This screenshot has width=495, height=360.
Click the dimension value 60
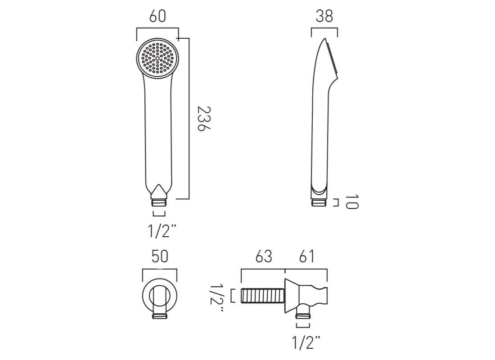[x=157, y=16]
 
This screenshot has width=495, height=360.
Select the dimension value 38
[x=324, y=16]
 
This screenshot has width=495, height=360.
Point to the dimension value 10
[x=352, y=202]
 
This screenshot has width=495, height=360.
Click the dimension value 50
[x=159, y=256]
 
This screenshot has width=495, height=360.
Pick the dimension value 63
[x=264, y=256]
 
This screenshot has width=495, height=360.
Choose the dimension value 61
[x=306, y=256]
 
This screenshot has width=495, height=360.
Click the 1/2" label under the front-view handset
[x=161, y=231]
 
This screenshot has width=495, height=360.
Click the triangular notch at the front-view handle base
[x=159, y=190]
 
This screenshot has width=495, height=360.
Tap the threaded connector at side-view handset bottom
[x=319, y=202]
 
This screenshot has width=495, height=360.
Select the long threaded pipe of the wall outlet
[x=263, y=296]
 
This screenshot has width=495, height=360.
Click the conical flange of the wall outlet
[x=291, y=296]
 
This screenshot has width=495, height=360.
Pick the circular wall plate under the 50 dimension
[x=159, y=295]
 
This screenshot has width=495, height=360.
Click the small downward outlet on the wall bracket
[x=302, y=314]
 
